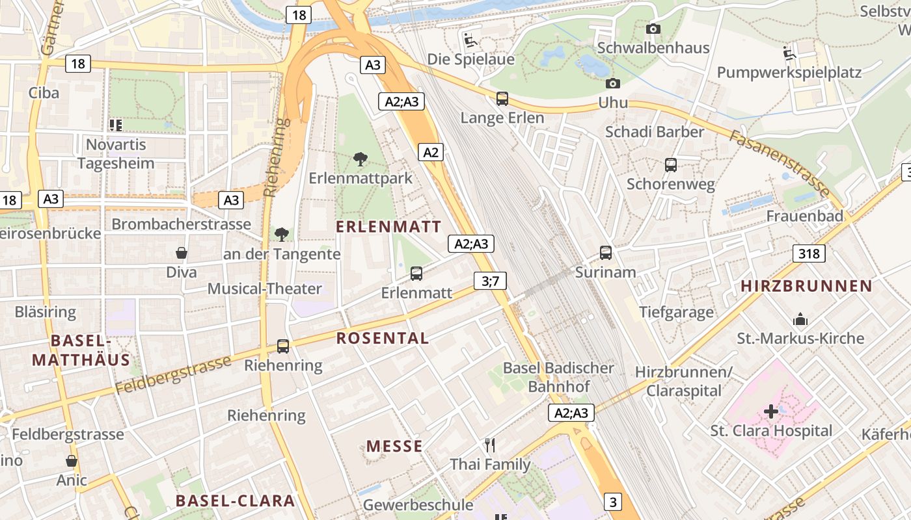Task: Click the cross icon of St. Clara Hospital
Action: [771, 411]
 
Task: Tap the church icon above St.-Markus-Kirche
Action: [800, 319]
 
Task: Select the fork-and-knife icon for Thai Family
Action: [490, 445]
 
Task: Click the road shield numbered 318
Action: [809, 253]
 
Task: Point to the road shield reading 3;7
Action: [490, 281]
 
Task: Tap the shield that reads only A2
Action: [431, 153]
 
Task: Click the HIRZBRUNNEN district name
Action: [806, 286]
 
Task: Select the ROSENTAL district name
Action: [383, 338]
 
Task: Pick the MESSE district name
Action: [394, 446]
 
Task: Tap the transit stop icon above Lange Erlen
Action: [502, 99]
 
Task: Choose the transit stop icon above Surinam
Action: [606, 253]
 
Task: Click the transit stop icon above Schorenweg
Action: [671, 165]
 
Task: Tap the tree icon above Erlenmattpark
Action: [360, 159]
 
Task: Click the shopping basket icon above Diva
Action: [182, 253]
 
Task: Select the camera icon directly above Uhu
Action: [612, 83]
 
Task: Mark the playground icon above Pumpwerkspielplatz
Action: [790, 53]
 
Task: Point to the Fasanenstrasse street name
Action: [778, 163]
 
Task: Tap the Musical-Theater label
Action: [265, 289]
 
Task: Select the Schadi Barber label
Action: [655, 132]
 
